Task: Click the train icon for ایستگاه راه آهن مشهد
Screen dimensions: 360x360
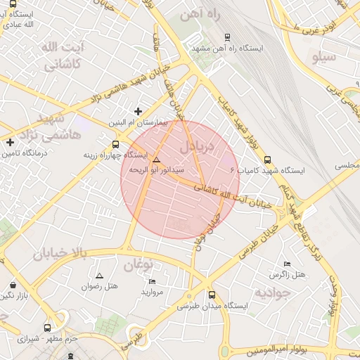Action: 226,37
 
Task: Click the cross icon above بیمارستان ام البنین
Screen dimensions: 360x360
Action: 138,111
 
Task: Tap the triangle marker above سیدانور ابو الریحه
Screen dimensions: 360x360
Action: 156,160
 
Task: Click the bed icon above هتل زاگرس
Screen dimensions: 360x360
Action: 286,263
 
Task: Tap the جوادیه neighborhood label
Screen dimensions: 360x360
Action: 272,291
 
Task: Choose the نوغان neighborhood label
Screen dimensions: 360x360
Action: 139,265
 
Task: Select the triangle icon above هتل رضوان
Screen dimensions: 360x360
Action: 98,276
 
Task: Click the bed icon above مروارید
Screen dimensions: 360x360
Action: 152,281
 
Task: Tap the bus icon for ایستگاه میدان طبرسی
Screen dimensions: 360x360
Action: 212,295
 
